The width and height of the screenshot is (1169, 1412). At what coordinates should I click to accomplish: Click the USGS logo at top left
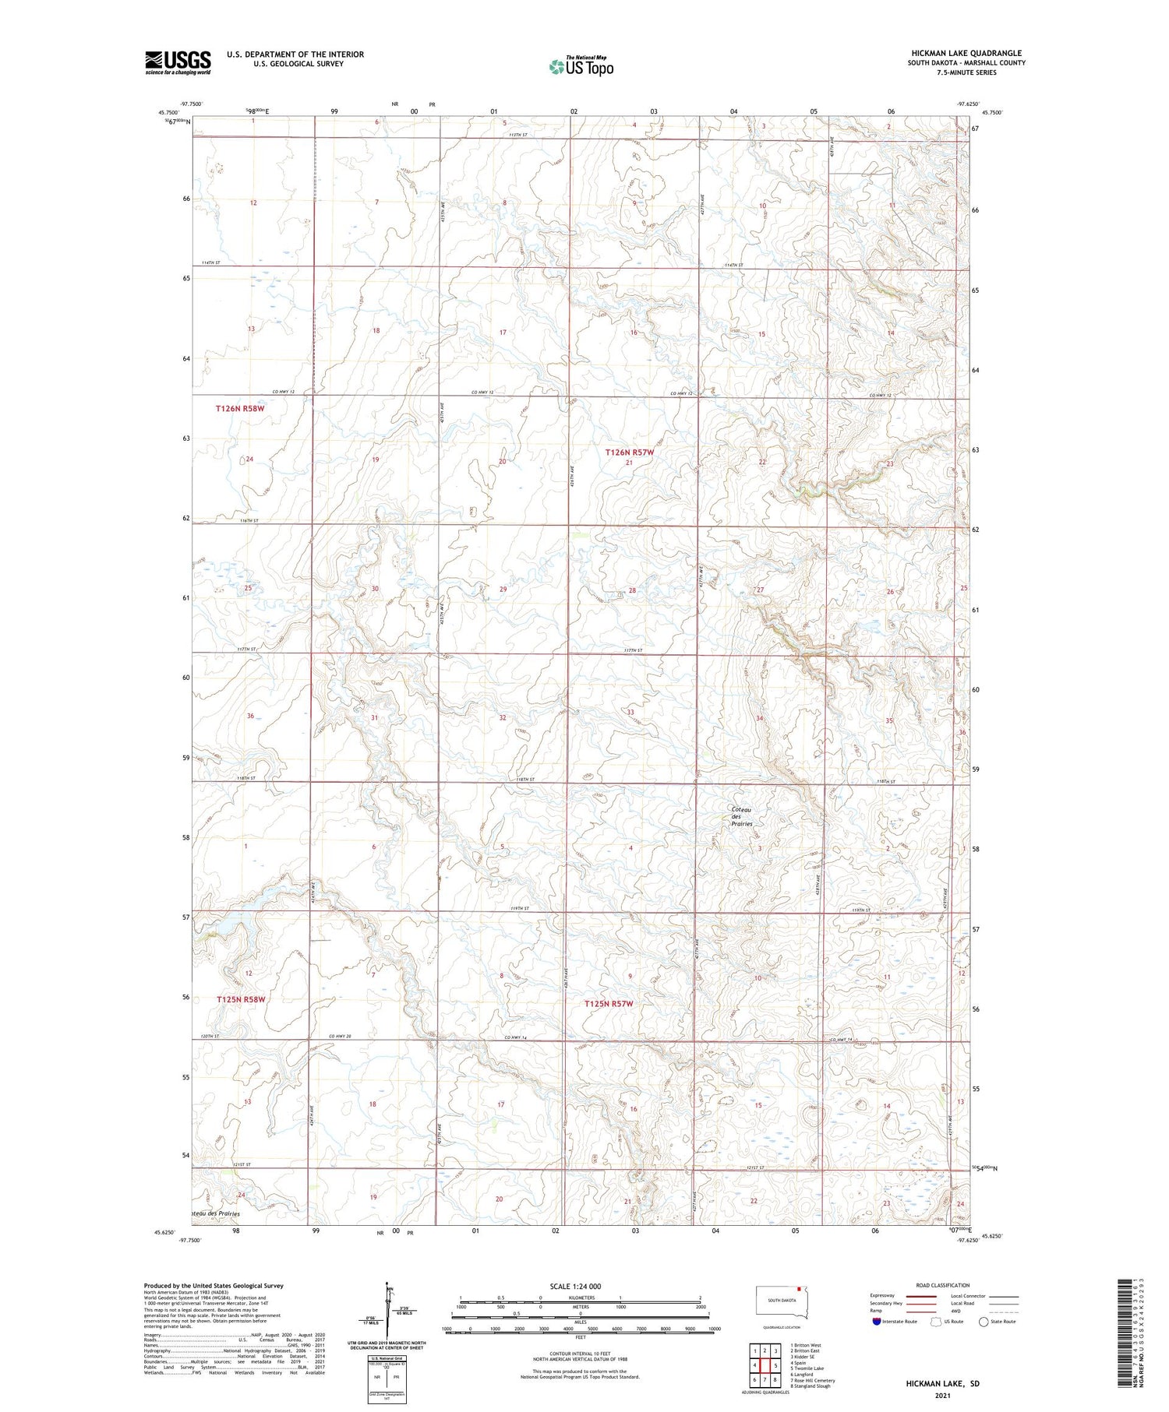click(178, 62)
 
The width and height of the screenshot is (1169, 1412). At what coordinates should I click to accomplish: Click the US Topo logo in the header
click(581, 66)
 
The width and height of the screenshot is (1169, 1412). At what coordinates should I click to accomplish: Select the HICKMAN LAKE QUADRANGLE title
click(966, 53)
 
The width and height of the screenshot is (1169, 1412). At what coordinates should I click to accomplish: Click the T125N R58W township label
click(241, 999)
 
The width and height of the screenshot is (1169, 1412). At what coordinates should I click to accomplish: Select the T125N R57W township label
click(609, 1004)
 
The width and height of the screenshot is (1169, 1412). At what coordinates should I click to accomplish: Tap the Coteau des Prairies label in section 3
click(741, 816)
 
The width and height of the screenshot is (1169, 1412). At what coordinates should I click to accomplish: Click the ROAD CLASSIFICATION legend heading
click(942, 1285)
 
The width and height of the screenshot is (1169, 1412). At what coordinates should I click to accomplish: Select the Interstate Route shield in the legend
click(878, 1322)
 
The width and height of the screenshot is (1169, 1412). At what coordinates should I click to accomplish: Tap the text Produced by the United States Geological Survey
click(213, 1286)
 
